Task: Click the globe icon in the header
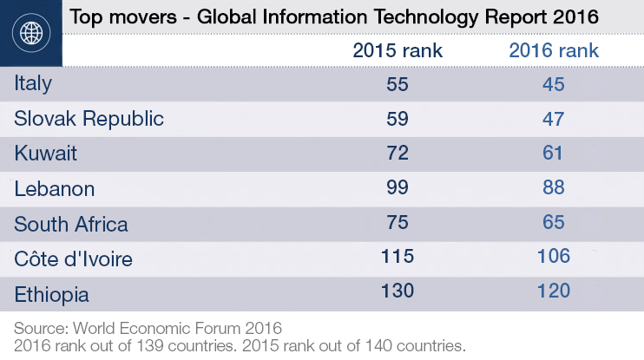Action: tap(31, 34)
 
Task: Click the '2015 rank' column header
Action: tap(397, 50)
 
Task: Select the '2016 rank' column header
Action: tap(553, 50)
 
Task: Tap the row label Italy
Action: tap(34, 84)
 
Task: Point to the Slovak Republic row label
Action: tap(89, 119)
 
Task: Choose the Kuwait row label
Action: tap(46, 154)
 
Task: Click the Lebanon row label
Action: tap(55, 188)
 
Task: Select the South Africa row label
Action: tap(71, 224)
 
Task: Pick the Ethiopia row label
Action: tap(51, 293)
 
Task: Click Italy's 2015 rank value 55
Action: tap(397, 84)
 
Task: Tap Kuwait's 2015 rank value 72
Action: tap(397, 154)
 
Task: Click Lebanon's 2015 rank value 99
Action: tap(397, 188)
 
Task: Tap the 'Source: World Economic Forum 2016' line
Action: tap(148, 328)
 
